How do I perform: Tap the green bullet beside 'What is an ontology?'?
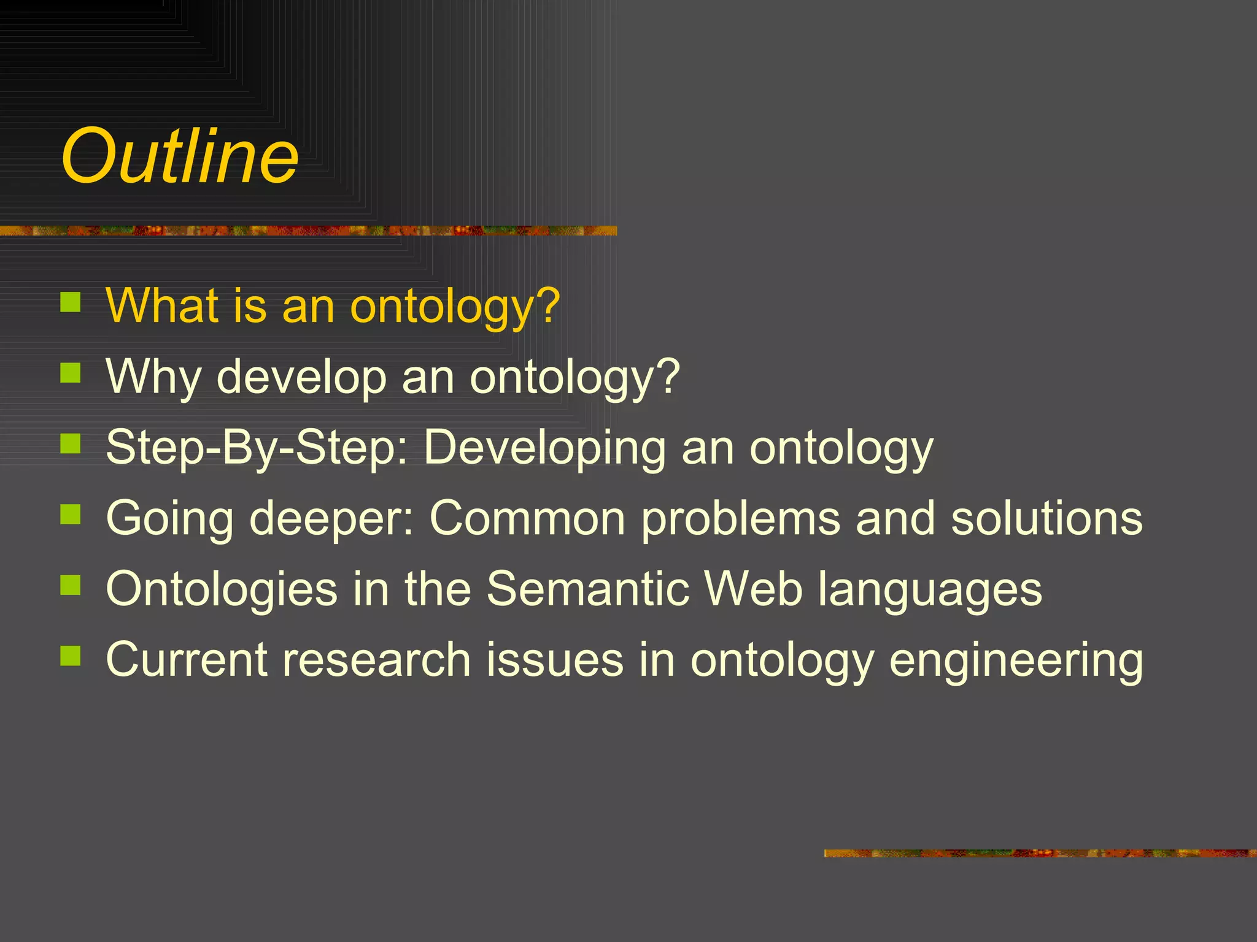71,302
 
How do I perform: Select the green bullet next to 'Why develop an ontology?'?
71,372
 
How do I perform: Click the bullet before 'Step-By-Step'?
71,443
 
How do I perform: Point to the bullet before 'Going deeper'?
71,514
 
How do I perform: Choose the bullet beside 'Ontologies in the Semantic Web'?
71,584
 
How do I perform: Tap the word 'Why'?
153,377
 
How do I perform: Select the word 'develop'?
301,377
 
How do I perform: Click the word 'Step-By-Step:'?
257,448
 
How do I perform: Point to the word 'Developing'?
544,448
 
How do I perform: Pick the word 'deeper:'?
331,519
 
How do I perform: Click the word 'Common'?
527,518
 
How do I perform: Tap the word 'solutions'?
1046,518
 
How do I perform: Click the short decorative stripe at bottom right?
1040,853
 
